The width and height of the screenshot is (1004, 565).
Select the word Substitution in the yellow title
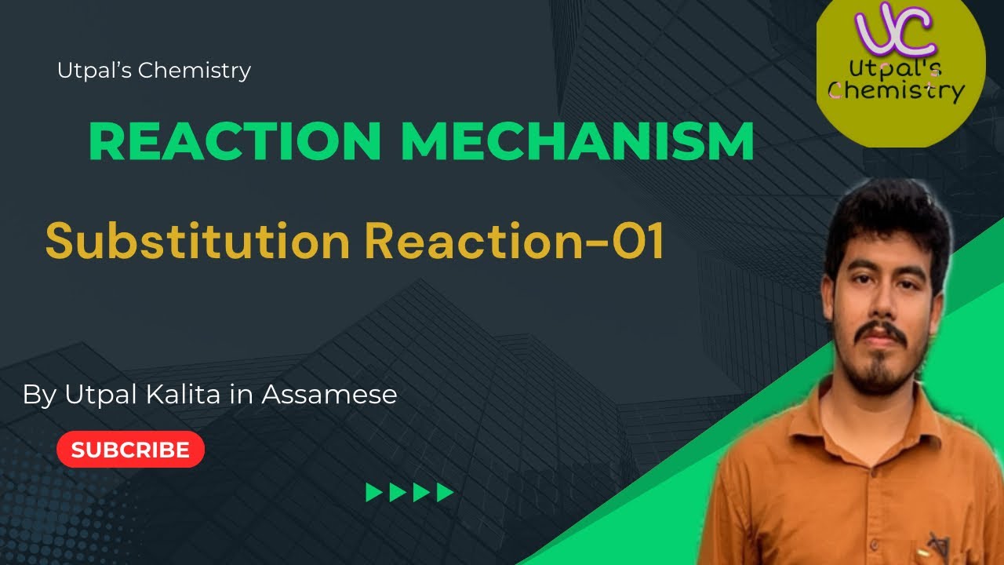(197, 241)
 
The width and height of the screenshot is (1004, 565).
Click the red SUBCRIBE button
(130, 450)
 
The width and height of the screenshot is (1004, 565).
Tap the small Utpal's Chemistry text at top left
(154, 71)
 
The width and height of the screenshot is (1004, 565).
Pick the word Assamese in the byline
(329, 394)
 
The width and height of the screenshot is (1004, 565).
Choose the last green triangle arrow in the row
(446, 493)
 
